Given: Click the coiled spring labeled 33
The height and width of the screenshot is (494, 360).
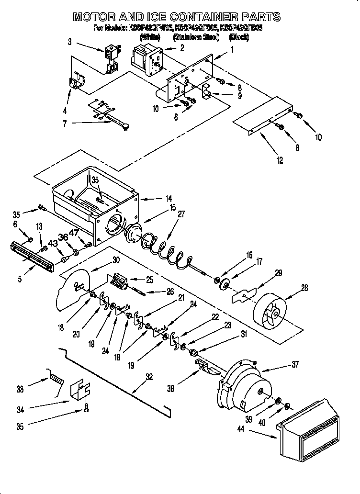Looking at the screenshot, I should pyautogui.click(x=56, y=381).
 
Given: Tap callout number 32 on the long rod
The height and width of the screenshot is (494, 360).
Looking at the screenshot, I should pyautogui.click(x=149, y=377).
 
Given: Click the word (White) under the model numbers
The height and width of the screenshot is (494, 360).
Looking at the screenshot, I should pyautogui.click(x=149, y=36).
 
